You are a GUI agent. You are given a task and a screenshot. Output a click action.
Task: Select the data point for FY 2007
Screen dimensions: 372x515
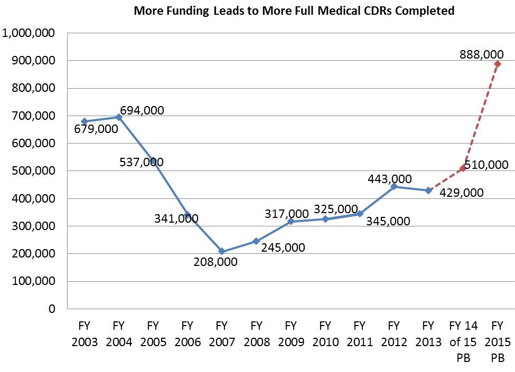point(222,251)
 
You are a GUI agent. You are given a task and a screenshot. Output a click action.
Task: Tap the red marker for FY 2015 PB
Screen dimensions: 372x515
point(497,64)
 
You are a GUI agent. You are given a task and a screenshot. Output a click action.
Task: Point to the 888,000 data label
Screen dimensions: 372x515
point(482,54)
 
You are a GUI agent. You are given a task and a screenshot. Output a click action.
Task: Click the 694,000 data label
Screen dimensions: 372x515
point(142,110)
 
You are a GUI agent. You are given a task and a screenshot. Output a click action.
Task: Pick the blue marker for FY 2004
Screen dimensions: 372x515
point(119,117)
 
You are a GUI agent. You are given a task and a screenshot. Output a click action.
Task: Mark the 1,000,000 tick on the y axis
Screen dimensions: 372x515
point(31,33)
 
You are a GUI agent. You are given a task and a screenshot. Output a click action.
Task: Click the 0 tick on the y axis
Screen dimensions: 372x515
point(51,309)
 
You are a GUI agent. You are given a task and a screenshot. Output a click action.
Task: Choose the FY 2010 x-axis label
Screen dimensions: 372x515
point(325,333)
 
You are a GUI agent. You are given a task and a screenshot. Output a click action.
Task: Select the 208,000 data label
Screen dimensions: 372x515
point(216,261)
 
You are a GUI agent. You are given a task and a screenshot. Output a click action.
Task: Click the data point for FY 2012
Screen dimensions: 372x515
point(394,186)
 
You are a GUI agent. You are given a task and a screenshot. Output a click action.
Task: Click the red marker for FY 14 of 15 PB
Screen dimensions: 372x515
point(463,168)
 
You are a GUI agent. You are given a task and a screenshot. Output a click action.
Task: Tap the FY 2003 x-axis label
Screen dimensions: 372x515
point(85,333)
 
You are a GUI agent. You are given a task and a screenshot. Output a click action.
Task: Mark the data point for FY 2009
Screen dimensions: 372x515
point(291,221)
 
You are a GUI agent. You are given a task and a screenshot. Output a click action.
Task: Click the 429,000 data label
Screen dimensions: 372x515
point(462,193)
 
